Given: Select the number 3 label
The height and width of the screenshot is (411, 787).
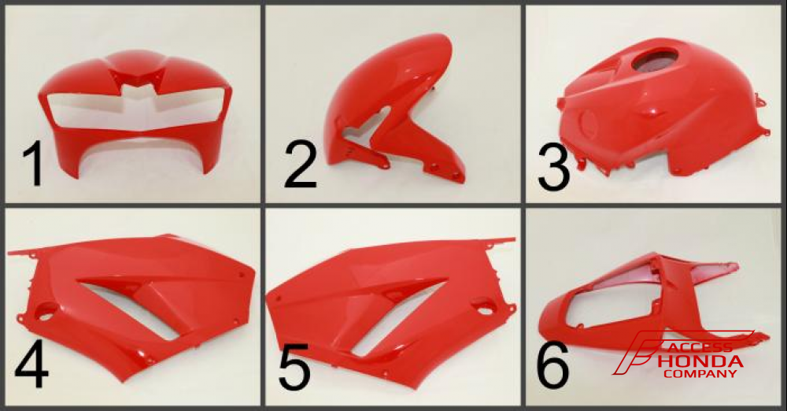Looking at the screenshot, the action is [x=553, y=167].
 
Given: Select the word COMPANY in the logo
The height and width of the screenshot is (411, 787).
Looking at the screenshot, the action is [x=700, y=374].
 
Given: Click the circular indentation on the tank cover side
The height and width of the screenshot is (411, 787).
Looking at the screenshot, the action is [x=588, y=123].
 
